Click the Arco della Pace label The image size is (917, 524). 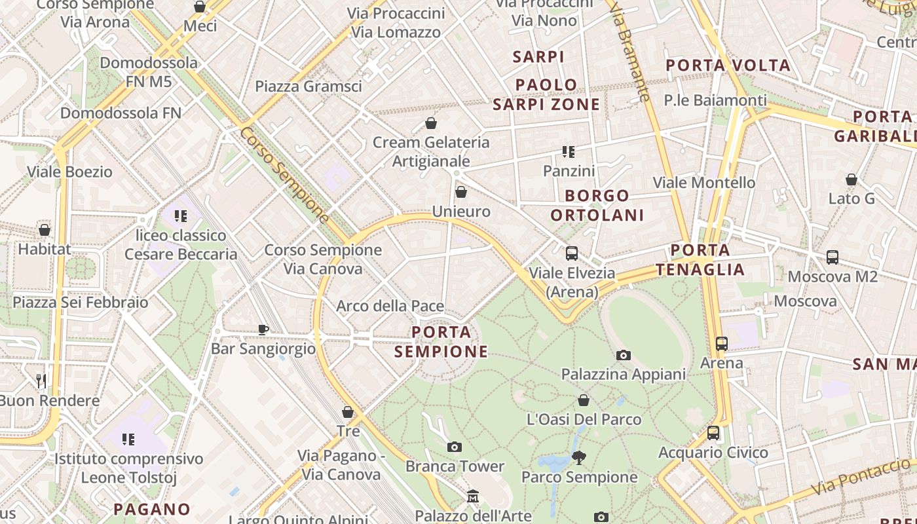[x=390, y=306]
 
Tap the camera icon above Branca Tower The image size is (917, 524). [x=455, y=447]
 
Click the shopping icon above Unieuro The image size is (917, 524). [x=461, y=192]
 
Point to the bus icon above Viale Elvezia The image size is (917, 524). [x=572, y=253]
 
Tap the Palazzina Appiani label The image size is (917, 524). [x=623, y=374]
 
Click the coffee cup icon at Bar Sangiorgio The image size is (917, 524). [x=263, y=329]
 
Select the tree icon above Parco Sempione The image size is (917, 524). [x=579, y=457]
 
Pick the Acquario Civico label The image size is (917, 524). [x=713, y=453]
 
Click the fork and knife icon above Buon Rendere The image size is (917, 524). [x=41, y=381]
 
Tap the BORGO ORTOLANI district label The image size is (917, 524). [x=597, y=205]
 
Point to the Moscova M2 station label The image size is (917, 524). [x=832, y=276]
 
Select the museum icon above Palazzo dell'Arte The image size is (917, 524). [x=473, y=496]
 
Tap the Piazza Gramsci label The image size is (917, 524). [x=308, y=86]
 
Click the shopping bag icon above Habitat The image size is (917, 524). [x=45, y=230]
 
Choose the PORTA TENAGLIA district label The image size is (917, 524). [x=700, y=259]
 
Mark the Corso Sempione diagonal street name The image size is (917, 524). [x=284, y=175]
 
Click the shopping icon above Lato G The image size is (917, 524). [x=851, y=179]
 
